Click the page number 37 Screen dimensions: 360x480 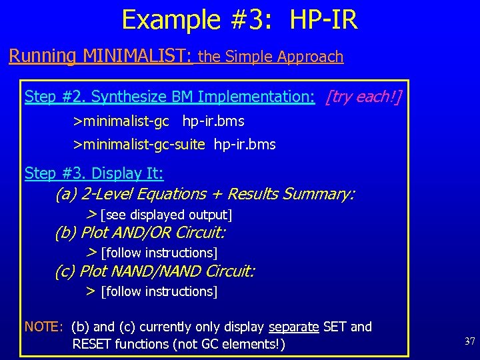tap(469, 341)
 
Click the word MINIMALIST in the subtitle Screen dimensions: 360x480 tap(137, 56)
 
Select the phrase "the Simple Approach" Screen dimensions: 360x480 tap(271, 57)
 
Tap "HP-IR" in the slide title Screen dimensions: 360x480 tap(323, 20)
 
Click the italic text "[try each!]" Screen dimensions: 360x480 tap(363, 97)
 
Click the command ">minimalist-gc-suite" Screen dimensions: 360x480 tap(139, 145)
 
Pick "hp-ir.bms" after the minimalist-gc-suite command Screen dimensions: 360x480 tap(245, 145)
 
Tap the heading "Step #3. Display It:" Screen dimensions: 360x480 tap(94, 174)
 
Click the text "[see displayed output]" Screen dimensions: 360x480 tap(166, 215)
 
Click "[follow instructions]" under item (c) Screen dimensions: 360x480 tap(159, 291)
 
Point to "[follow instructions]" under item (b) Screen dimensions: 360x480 tap(159, 253)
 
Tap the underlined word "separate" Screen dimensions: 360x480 tap(294, 327)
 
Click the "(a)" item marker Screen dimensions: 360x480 tap(65, 194)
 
